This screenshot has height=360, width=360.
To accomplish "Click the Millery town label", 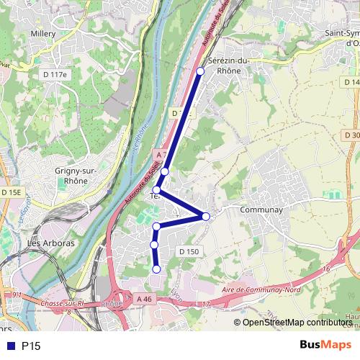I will [x=42, y=33].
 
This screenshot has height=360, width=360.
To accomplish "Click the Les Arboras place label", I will [x=50, y=243].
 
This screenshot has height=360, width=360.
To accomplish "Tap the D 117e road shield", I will [x=53, y=74].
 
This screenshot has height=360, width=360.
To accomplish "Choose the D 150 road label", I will [x=187, y=251].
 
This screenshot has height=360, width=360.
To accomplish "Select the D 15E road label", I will [x=11, y=193].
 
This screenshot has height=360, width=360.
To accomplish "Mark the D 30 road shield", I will [x=351, y=135].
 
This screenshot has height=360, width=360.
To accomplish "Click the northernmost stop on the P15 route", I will [x=200, y=71].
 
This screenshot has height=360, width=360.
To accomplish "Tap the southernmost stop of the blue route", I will [x=156, y=269].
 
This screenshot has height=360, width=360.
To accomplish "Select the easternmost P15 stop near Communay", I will [x=206, y=217].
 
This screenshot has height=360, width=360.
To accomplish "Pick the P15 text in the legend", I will [x=30, y=346].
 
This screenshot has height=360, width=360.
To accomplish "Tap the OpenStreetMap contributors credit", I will [x=295, y=323].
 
